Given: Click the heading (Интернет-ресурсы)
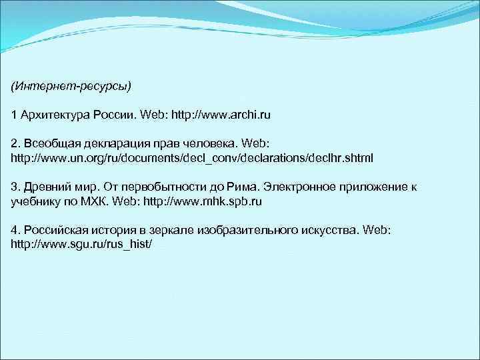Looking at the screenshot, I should (x=71, y=87).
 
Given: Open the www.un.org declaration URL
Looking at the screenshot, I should (x=192, y=158).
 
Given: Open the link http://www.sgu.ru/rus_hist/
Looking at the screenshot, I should (x=81, y=244).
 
